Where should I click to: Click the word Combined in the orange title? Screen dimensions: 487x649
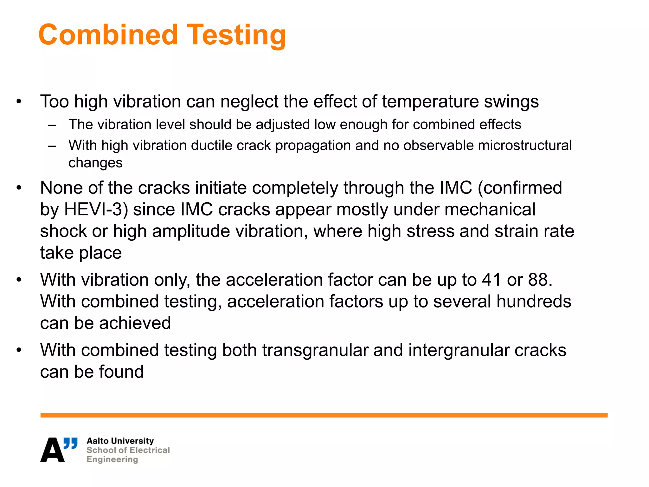(x=108, y=35)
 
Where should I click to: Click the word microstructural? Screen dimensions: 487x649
(x=525, y=146)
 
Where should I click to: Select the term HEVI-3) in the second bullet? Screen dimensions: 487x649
(x=96, y=210)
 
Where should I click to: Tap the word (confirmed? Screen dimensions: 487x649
(x=520, y=188)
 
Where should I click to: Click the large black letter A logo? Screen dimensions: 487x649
(x=52, y=451)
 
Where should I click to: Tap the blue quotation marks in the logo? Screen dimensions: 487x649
(x=70, y=443)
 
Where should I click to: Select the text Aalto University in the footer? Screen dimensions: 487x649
(x=120, y=441)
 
